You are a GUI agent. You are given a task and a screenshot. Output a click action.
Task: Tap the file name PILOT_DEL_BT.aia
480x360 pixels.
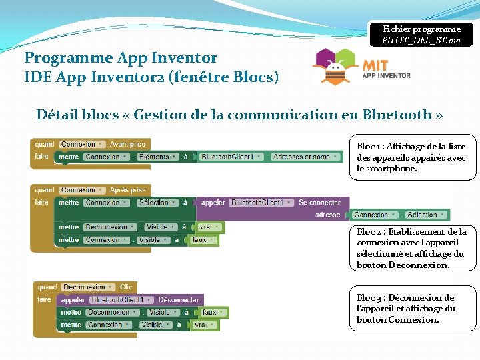[421, 41]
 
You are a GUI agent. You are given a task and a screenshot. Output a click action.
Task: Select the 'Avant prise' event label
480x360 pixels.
[127, 144]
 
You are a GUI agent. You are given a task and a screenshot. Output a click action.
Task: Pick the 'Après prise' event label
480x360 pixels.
[128, 190]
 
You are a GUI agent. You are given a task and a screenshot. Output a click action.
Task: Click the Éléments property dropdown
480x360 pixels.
[155, 157]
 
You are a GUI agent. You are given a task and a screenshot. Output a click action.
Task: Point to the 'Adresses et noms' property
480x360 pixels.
[302, 157]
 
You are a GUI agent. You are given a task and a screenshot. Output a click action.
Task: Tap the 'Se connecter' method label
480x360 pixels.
[319, 203]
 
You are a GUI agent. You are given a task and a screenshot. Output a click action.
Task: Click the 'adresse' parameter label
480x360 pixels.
[327, 215]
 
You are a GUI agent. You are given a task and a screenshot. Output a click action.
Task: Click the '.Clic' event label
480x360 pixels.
[125, 287]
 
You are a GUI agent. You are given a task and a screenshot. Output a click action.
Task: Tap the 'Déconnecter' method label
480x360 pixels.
[178, 300]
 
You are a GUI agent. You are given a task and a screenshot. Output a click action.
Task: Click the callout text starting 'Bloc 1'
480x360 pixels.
[411, 157]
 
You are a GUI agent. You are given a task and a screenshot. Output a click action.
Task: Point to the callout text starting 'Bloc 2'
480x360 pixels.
[411, 248]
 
